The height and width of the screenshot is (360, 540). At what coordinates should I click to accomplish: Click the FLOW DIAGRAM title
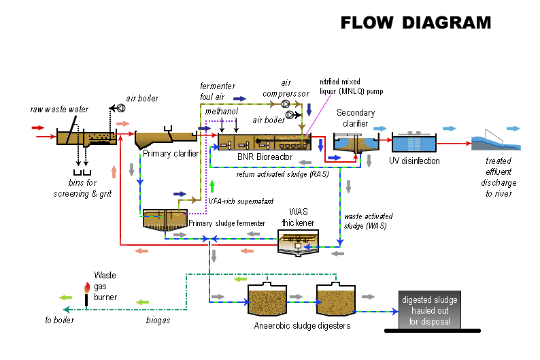click(x=415, y=22)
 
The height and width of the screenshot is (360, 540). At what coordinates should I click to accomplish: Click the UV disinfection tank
click(x=414, y=143)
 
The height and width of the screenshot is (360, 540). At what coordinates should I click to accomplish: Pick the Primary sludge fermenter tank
click(x=165, y=218)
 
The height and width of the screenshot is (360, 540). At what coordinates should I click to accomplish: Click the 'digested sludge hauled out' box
click(x=430, y=311)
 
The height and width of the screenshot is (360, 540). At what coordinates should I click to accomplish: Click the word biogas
click(x=158, y=320)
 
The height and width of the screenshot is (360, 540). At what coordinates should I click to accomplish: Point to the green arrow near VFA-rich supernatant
click(x=212, y=185)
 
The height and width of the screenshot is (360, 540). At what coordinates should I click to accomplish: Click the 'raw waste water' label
click(x=59, y=109)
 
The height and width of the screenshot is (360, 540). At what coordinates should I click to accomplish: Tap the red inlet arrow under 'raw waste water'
click(x=37, y=127)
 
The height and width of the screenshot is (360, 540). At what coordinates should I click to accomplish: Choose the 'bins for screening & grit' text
click(x=82, y=189)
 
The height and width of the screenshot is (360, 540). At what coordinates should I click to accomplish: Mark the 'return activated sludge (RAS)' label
click(x=282, y=174)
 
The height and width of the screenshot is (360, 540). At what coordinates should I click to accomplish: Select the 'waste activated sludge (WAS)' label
click(x=368, y=221)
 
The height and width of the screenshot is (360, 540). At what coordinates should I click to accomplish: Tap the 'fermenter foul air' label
click(x=218, y=91)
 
